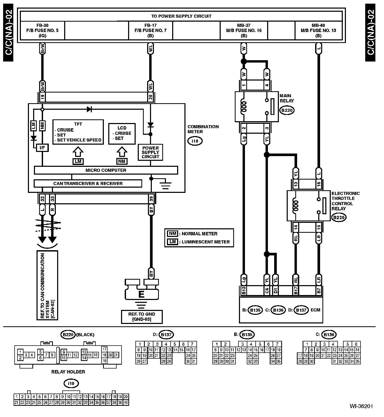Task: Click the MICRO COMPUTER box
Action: click(106, 170)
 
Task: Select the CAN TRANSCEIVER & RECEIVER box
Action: click(88, 183)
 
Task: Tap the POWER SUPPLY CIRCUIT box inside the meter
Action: click(151, 152)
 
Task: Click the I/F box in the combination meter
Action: click(42, 148)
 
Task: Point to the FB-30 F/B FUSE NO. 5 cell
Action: click(42, 30)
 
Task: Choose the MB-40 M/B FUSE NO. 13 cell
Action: click(318, 30)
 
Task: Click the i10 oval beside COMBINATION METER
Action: click(195, 141)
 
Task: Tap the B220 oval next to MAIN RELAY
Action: click(287, 110)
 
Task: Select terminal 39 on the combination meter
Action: click(151, 199)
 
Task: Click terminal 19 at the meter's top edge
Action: click(42, 97)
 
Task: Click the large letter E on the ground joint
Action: click(141, 295)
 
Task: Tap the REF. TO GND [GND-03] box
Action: click(142, 317)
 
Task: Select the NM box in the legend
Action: click(173, 234)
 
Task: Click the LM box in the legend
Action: click(173, 242)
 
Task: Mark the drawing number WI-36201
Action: click(361, 406)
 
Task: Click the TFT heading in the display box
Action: click(78, 124)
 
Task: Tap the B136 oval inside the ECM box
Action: click(278, 310)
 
